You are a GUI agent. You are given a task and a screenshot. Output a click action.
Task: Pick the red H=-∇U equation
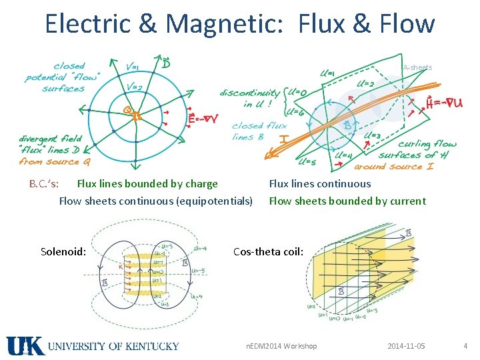(x=445, y=103)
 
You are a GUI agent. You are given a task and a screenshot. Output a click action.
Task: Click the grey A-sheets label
(x=417, y=67)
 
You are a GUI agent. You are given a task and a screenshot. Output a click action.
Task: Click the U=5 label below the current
(x=307, y=161)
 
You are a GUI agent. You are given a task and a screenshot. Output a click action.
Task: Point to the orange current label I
(x=283, y=141)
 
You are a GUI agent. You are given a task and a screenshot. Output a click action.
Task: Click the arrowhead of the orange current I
(x=269, y=157)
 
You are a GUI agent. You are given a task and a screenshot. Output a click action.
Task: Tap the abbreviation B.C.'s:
(x=43, y=184)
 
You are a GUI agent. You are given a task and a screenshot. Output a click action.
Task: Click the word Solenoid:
(x=63, y=252)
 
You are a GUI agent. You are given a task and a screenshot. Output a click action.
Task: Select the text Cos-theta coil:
(x=268, y=252)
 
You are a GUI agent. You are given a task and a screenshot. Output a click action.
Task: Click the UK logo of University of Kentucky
(x=25, y=346)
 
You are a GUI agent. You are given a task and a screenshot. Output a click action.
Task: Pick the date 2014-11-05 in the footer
(x=406, y=346)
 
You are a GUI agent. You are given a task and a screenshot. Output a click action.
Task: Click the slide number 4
(x=465, y=346)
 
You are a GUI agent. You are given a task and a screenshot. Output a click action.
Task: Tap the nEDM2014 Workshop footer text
(x=281, y=346)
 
